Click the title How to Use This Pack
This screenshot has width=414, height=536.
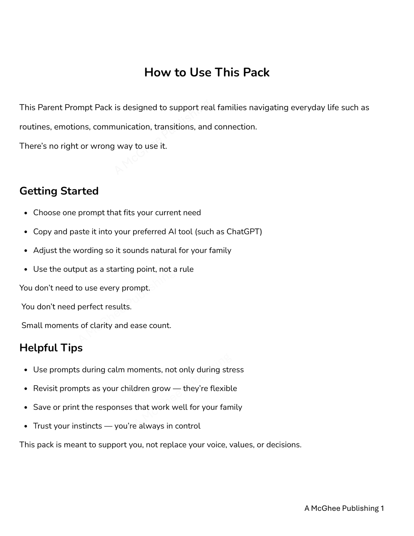207,72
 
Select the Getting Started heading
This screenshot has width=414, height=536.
59,191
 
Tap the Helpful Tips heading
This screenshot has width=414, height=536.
51,347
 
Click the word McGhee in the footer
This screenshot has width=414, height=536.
325,508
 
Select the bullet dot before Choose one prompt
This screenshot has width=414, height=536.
26,213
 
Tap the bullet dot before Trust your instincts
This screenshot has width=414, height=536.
26,426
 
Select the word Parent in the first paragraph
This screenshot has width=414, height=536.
50,107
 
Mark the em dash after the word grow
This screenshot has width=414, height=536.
177,388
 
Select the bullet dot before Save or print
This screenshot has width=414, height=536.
26,408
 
